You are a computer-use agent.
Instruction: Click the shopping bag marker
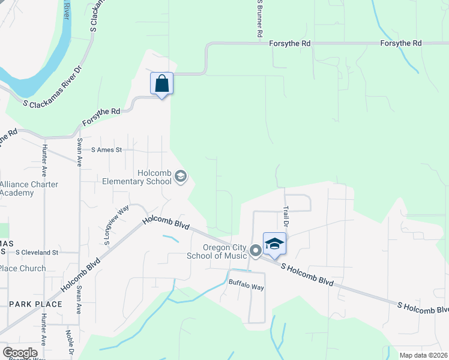[x=162, y=83]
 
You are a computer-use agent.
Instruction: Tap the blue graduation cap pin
[x=274, y=244]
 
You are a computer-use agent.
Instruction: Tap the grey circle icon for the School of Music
[x=255, y=250]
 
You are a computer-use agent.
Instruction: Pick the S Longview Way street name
[x=109, y=225]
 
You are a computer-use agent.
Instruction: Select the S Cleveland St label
[x=37, y=253]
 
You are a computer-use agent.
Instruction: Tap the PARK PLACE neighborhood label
[x=35, y=304]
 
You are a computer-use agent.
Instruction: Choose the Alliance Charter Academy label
[x=29, y=188]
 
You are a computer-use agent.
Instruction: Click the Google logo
[x=20, y=352]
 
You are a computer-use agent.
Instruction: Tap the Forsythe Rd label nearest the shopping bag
[x=101, y=116]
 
